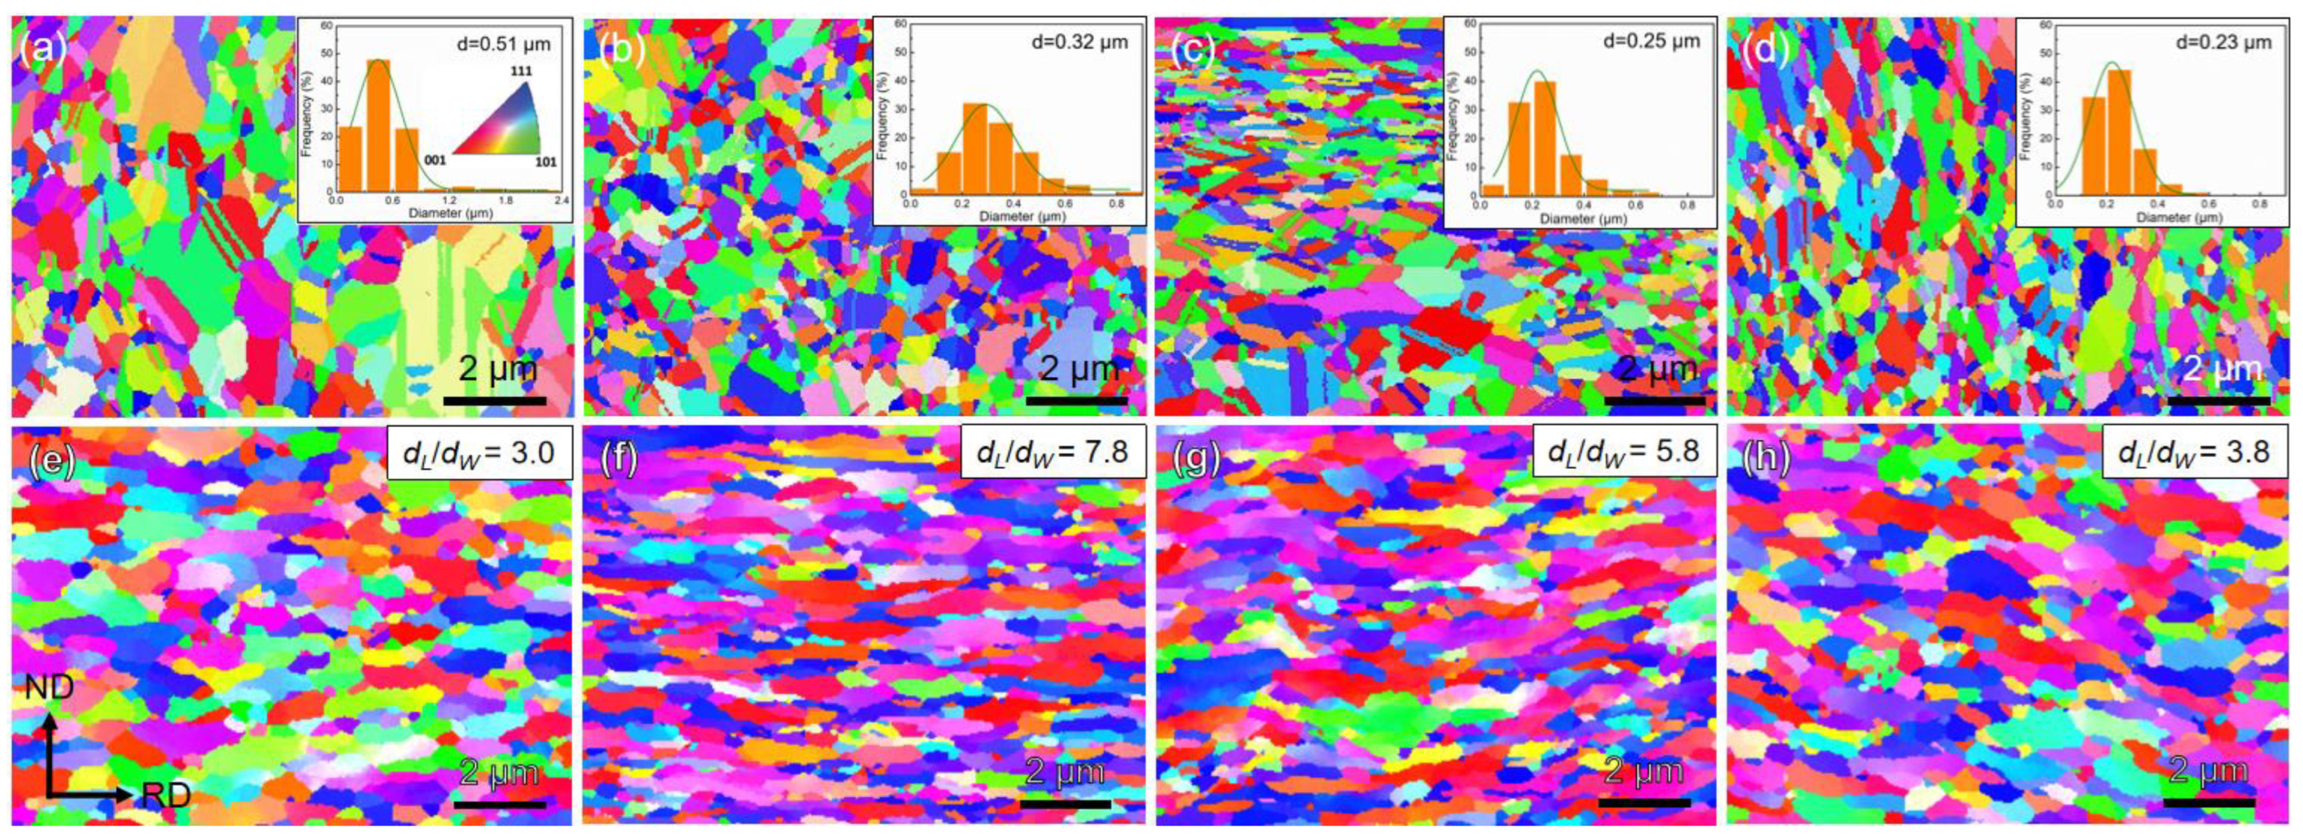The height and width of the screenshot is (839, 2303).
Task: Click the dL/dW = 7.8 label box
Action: click(x=1053, y=452)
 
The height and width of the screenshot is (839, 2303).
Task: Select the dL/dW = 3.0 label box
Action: click(x=480, y=452)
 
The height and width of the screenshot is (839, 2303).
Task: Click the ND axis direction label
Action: click(x=49, y=689)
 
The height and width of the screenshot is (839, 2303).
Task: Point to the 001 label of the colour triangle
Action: click(x=434, y=160)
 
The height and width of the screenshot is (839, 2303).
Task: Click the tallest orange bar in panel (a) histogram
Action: click(x=379, y=125)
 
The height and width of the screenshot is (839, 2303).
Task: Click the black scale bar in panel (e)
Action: click(x=499, y=804)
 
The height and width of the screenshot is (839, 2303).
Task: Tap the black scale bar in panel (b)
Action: click(x=1077, y=401)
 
